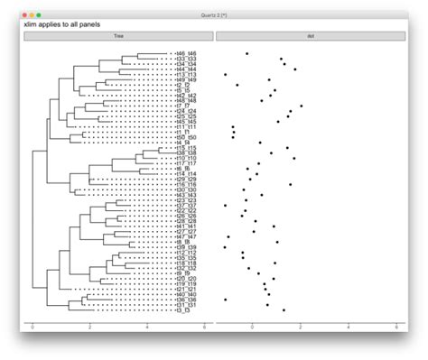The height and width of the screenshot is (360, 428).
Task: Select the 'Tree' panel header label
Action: coord(118,36)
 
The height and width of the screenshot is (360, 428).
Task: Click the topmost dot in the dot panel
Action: coord(247,53)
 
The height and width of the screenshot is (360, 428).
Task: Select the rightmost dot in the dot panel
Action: coord(302,106)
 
